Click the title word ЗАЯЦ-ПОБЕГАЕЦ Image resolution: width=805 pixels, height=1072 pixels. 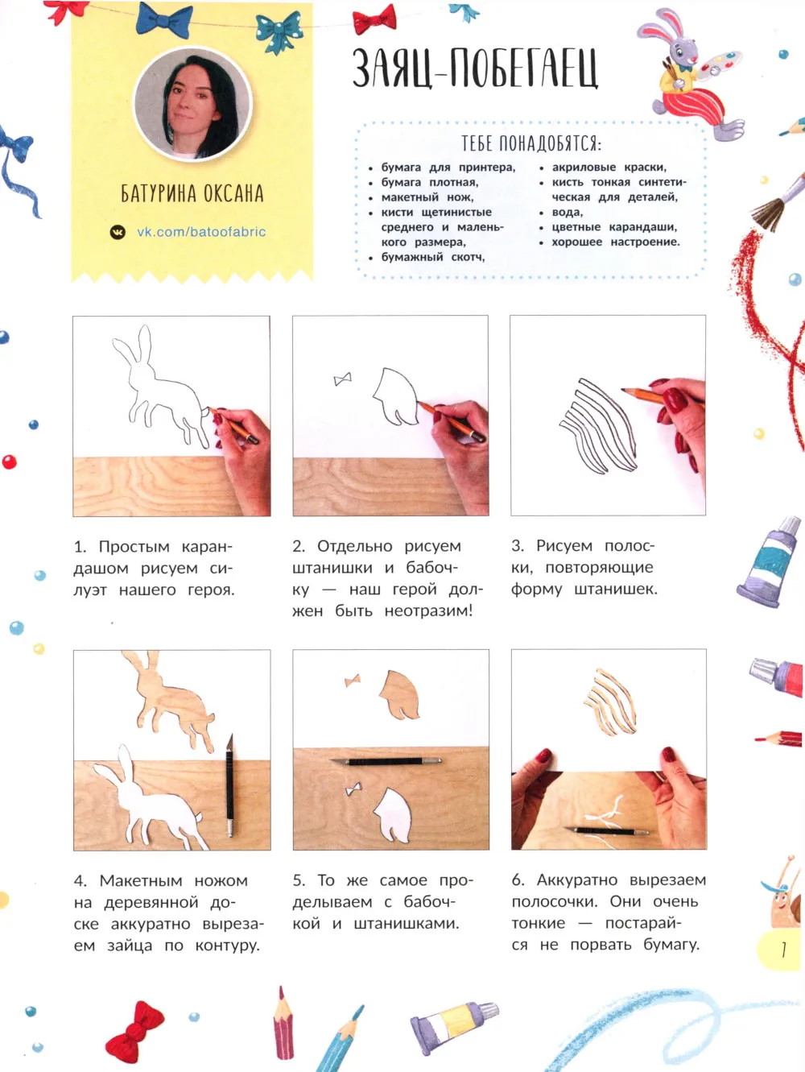point(475,68)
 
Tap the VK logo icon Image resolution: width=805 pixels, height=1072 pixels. point(118,232)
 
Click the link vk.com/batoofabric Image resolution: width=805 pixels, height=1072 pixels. point(201,231)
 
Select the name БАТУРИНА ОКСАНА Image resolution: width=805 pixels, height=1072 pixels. point(192,193)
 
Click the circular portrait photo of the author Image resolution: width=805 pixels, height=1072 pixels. point(193,104)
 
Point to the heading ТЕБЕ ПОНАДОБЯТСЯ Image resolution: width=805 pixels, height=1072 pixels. point(531,143)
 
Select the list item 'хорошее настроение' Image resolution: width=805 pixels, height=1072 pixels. point(616,242)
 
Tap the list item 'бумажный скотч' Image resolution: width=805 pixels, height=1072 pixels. point(433,257)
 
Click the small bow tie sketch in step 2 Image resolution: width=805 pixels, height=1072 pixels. point(343,379)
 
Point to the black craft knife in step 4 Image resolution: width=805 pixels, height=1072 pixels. point(229,784)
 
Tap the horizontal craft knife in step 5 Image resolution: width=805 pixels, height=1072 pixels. point(386,761)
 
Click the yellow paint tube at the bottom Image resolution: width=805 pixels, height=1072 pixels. point(454,1024)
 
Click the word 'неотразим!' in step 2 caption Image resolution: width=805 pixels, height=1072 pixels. point(428,611)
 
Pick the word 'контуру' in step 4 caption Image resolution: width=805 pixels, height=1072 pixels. point(228,946)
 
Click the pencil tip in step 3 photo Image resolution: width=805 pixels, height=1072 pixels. point(623,389)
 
